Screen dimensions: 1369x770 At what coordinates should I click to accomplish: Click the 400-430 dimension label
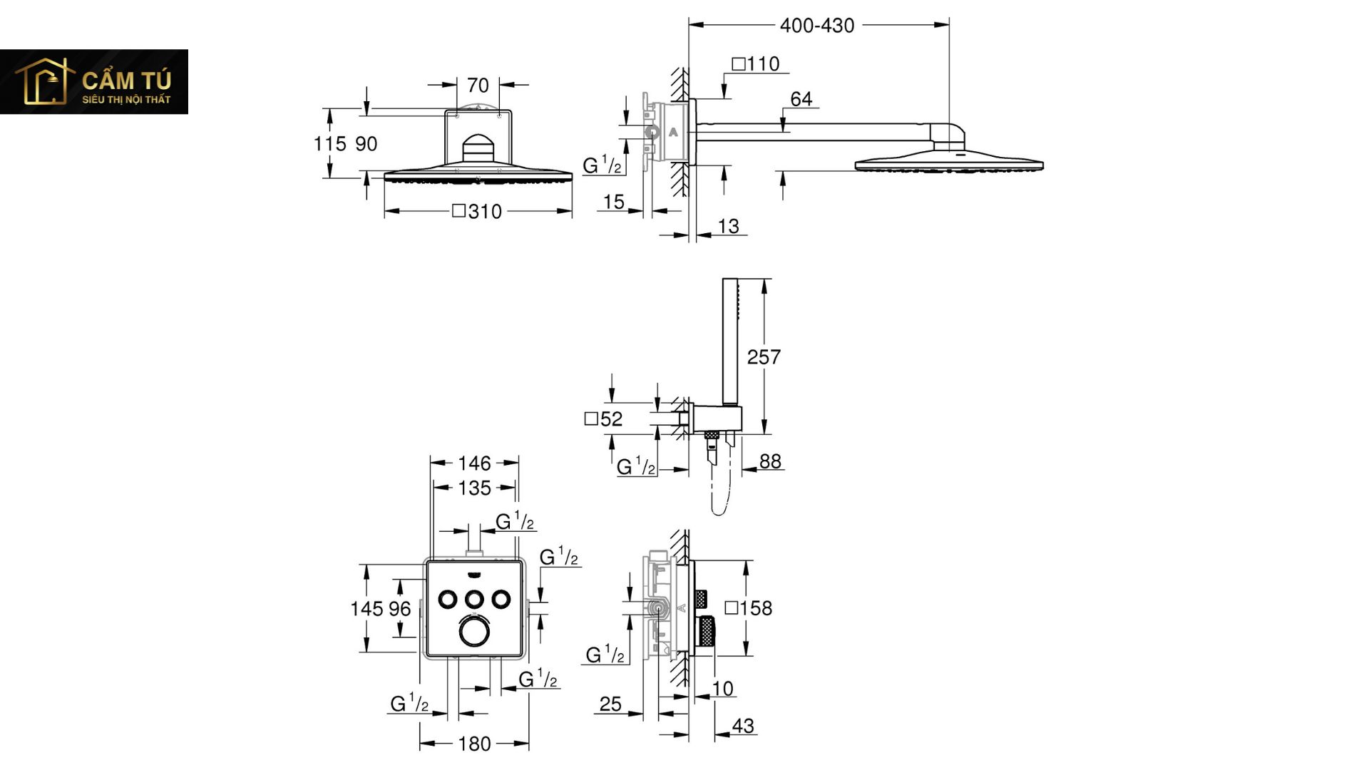click(816, 26)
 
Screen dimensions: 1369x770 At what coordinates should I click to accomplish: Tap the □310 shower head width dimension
click(477, 212)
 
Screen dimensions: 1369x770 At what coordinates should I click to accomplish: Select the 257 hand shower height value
click(764, 356)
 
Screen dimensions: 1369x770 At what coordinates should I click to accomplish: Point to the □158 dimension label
click(749, 608)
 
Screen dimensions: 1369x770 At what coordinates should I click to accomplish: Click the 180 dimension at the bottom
click(474, 744)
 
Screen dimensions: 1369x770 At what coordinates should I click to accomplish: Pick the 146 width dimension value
click(474, 463)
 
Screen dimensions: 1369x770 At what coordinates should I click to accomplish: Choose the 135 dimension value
click(474, 488)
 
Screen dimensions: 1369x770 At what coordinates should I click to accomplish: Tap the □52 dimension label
click(603, 419)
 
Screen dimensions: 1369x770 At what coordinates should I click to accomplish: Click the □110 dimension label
click(756, 64)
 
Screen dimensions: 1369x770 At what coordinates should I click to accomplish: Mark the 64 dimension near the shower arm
click(801, 99)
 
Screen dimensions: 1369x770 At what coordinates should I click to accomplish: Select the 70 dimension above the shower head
click(478, 86)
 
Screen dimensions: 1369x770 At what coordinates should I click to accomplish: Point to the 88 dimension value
click(770, 461)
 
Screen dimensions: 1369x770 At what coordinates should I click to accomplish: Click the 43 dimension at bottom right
click(743, 726)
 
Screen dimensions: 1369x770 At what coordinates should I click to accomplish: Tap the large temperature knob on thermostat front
click(474, 632)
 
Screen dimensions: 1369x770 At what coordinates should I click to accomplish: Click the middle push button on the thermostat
click(474, 599)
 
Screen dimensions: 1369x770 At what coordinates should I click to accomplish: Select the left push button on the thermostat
click(448, 599)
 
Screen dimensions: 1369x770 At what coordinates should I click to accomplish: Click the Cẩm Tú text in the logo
click(127, 80)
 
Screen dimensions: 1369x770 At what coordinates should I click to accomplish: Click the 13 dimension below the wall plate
click(728, 226)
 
